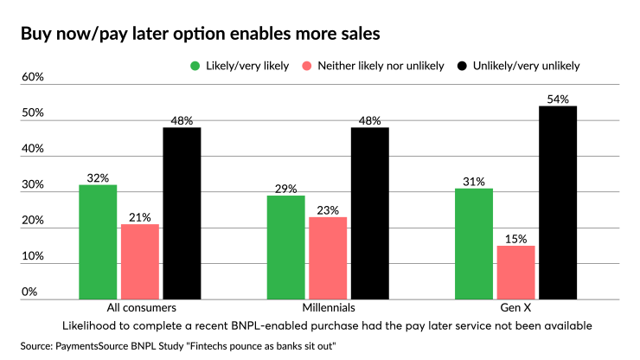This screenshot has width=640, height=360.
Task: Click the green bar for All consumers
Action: [x=98, y=241]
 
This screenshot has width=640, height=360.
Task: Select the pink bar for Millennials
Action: [x=328, y=257]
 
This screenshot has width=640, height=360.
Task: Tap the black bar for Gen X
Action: [x=558, y=202]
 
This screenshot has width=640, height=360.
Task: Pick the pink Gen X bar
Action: [x=515, y=272]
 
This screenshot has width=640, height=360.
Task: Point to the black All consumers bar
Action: [x=182, y=213]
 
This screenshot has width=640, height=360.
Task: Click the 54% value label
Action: [x=558, y=100]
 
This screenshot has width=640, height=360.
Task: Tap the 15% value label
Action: [x=515, y=239]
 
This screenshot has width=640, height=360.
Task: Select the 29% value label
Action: [x=285, y=189]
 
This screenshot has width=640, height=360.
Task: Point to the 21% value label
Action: [x=140, y=217]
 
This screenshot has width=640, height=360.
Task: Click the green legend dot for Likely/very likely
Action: [x=195, y=66]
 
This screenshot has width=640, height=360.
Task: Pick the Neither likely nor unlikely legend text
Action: [x=381, y=66]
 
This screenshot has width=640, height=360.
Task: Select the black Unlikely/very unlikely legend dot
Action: [x=461, y=66]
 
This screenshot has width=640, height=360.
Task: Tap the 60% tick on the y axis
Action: [x=33, y=77]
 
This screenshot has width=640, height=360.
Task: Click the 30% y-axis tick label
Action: [x=33, y=185]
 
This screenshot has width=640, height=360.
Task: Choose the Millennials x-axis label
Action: [x=328, y=308]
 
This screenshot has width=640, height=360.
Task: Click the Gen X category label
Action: [x=515, y=308]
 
